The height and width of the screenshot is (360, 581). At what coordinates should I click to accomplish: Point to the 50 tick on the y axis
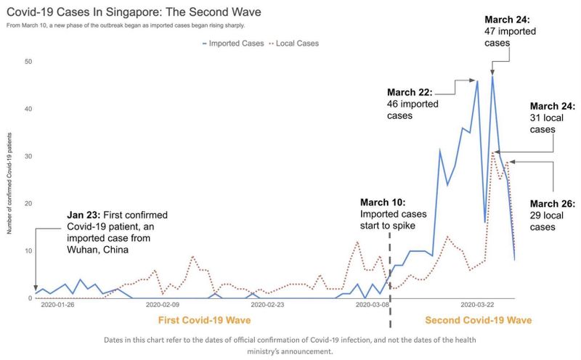pos(28,62)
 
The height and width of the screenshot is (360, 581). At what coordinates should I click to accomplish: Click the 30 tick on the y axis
pos(28,156)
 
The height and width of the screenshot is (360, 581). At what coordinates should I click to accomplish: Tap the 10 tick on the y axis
pos(28,251)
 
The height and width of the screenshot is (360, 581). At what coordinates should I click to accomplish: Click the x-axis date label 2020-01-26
pos(57,306)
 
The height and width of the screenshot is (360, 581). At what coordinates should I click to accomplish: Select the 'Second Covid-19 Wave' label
pos(478,320)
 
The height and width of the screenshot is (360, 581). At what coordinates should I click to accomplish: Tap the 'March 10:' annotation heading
pos(383,202)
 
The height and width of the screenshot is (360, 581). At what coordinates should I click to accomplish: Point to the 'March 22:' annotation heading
pos(410,92)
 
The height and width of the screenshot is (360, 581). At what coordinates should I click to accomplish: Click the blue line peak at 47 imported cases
pos(492,76)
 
